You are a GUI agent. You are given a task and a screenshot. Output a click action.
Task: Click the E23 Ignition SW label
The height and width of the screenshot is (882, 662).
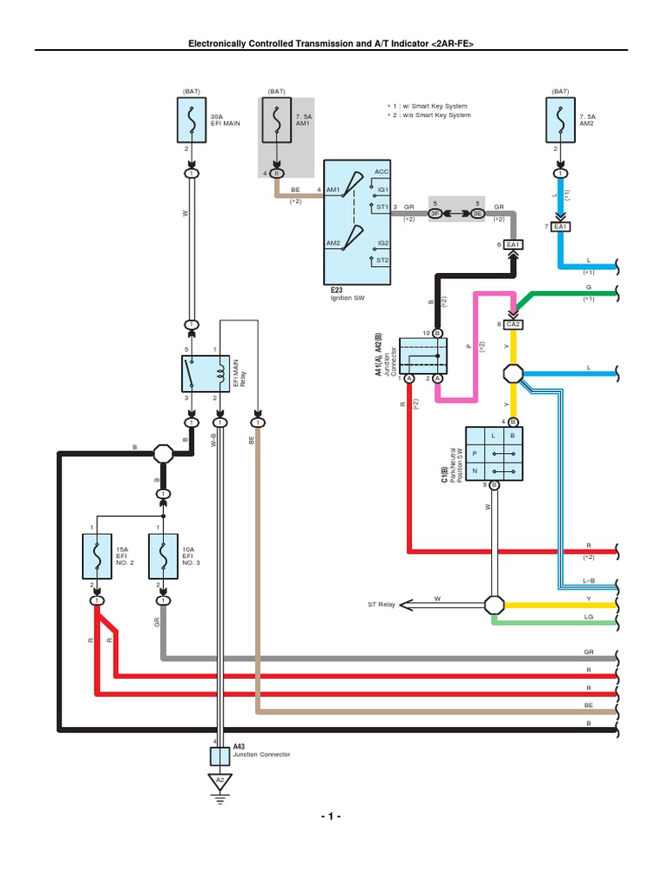point(342,304)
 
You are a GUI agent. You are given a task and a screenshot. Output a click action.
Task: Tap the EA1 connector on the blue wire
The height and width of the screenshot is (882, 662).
point(562,227)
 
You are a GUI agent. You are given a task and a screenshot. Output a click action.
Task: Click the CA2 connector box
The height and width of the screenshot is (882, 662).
point(515,325)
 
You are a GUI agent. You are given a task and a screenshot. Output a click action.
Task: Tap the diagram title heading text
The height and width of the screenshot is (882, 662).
point(331,42)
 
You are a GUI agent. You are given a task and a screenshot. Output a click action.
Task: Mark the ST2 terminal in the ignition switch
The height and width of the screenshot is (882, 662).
point(383,259)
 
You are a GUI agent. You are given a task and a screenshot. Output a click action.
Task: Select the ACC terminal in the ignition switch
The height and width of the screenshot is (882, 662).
point(382,172)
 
